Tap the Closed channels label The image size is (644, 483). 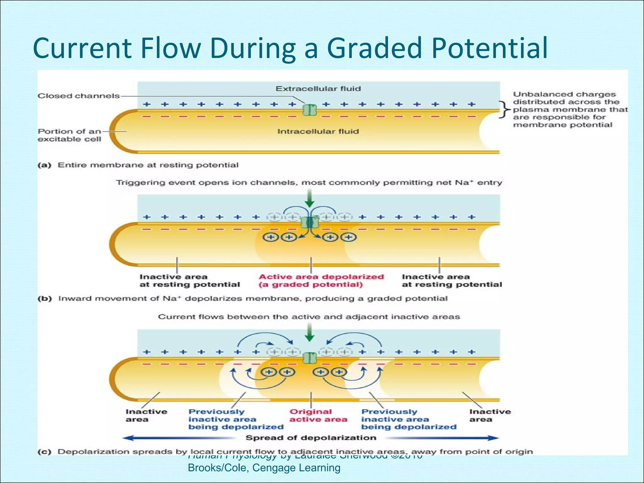79,96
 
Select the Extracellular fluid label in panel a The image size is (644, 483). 318,89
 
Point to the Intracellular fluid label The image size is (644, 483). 318,131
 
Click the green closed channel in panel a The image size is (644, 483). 309,110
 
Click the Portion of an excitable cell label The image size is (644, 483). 69,135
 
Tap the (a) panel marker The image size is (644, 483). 44,165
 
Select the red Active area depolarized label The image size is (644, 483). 321,280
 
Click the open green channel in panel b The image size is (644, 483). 310,223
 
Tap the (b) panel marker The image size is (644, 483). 45,298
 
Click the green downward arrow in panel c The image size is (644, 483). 310,333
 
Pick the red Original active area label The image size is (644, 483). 318,415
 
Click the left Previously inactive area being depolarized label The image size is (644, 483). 236,419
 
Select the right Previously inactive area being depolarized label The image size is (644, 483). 408,419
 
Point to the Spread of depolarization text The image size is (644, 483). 311,438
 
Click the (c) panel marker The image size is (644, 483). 44,452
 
